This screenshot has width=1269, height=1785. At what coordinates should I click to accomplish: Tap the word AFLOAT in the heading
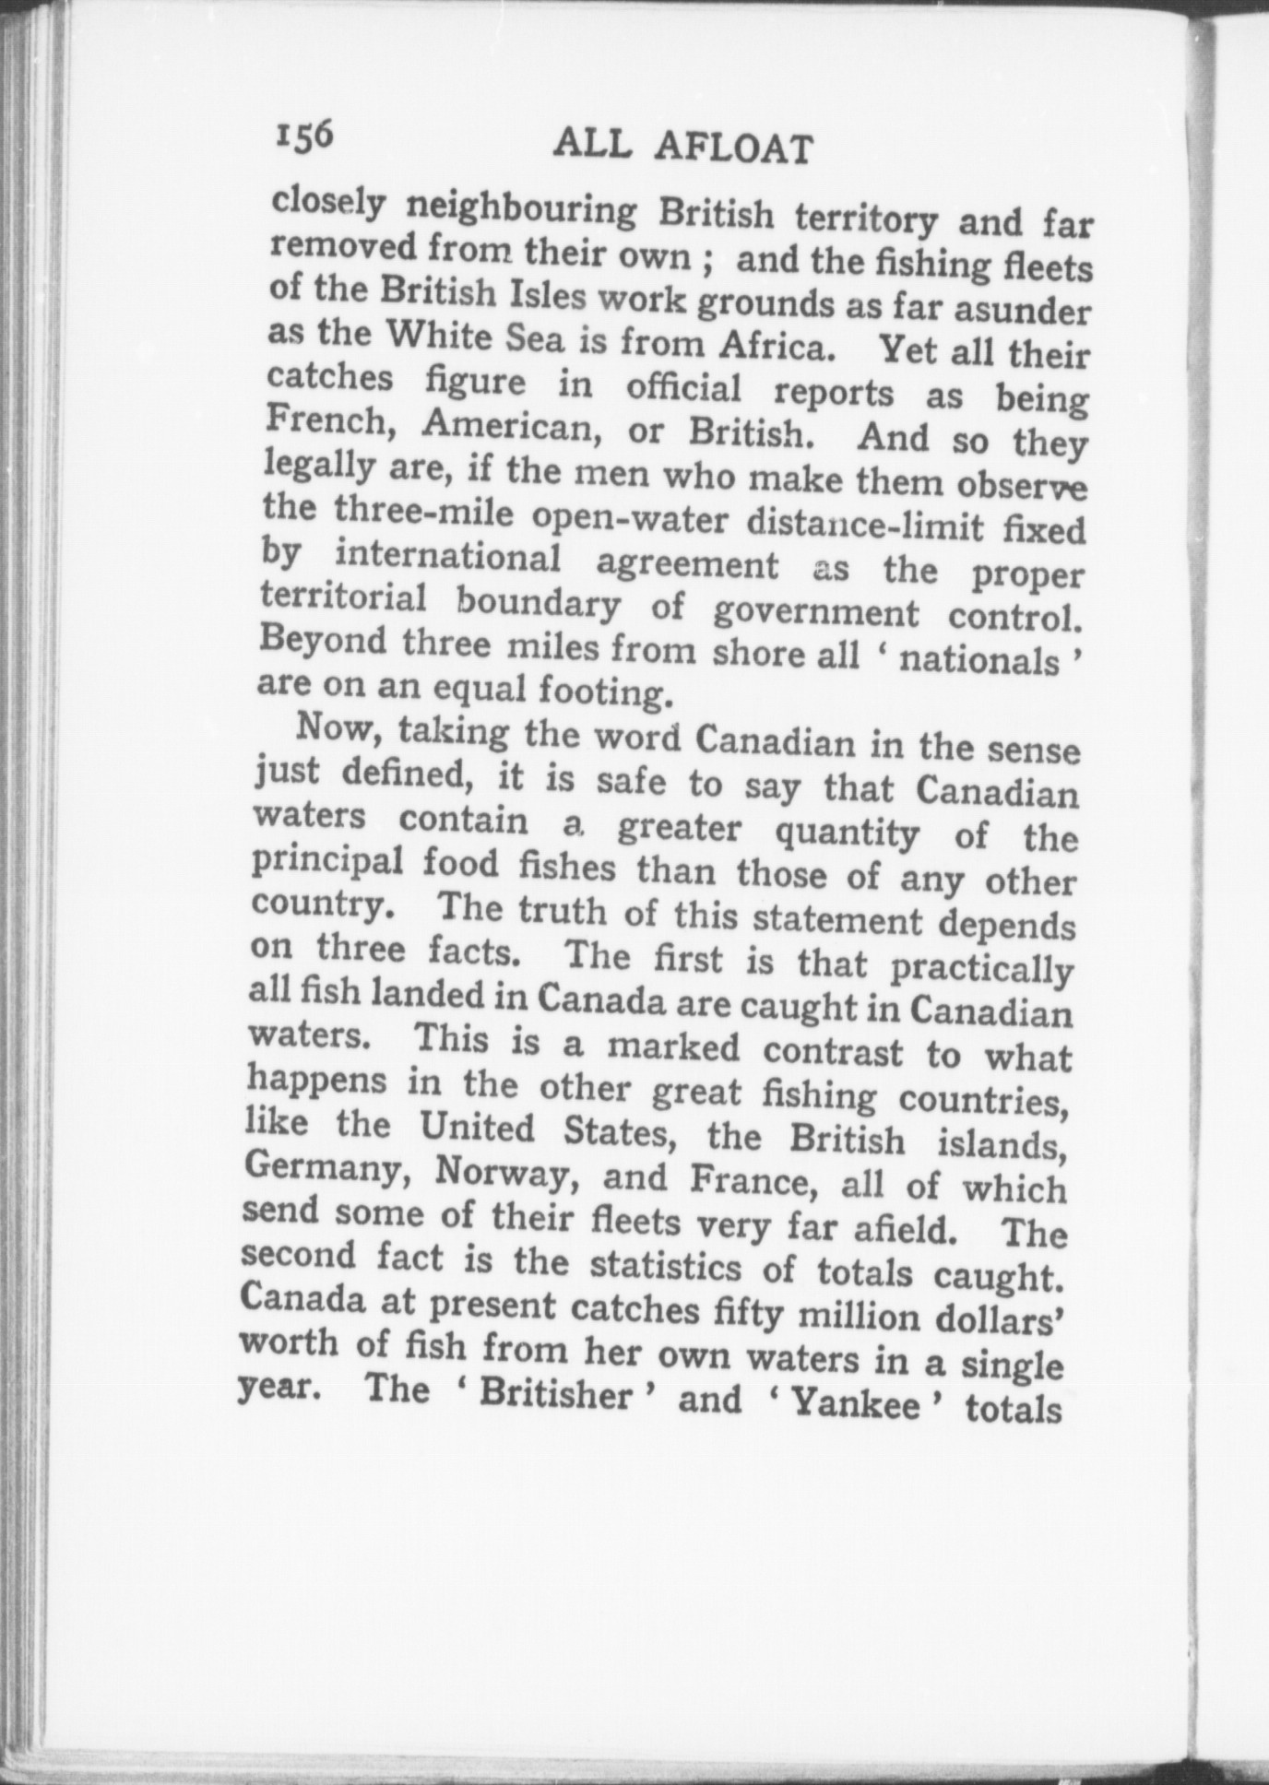click(736, 148)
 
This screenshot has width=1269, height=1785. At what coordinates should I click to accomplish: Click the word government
click(816, 612)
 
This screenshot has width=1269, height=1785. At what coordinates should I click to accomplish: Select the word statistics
click(665, 1265)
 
